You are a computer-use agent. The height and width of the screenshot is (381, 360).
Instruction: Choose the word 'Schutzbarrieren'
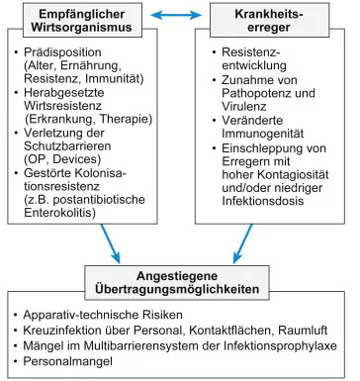[73, 141]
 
